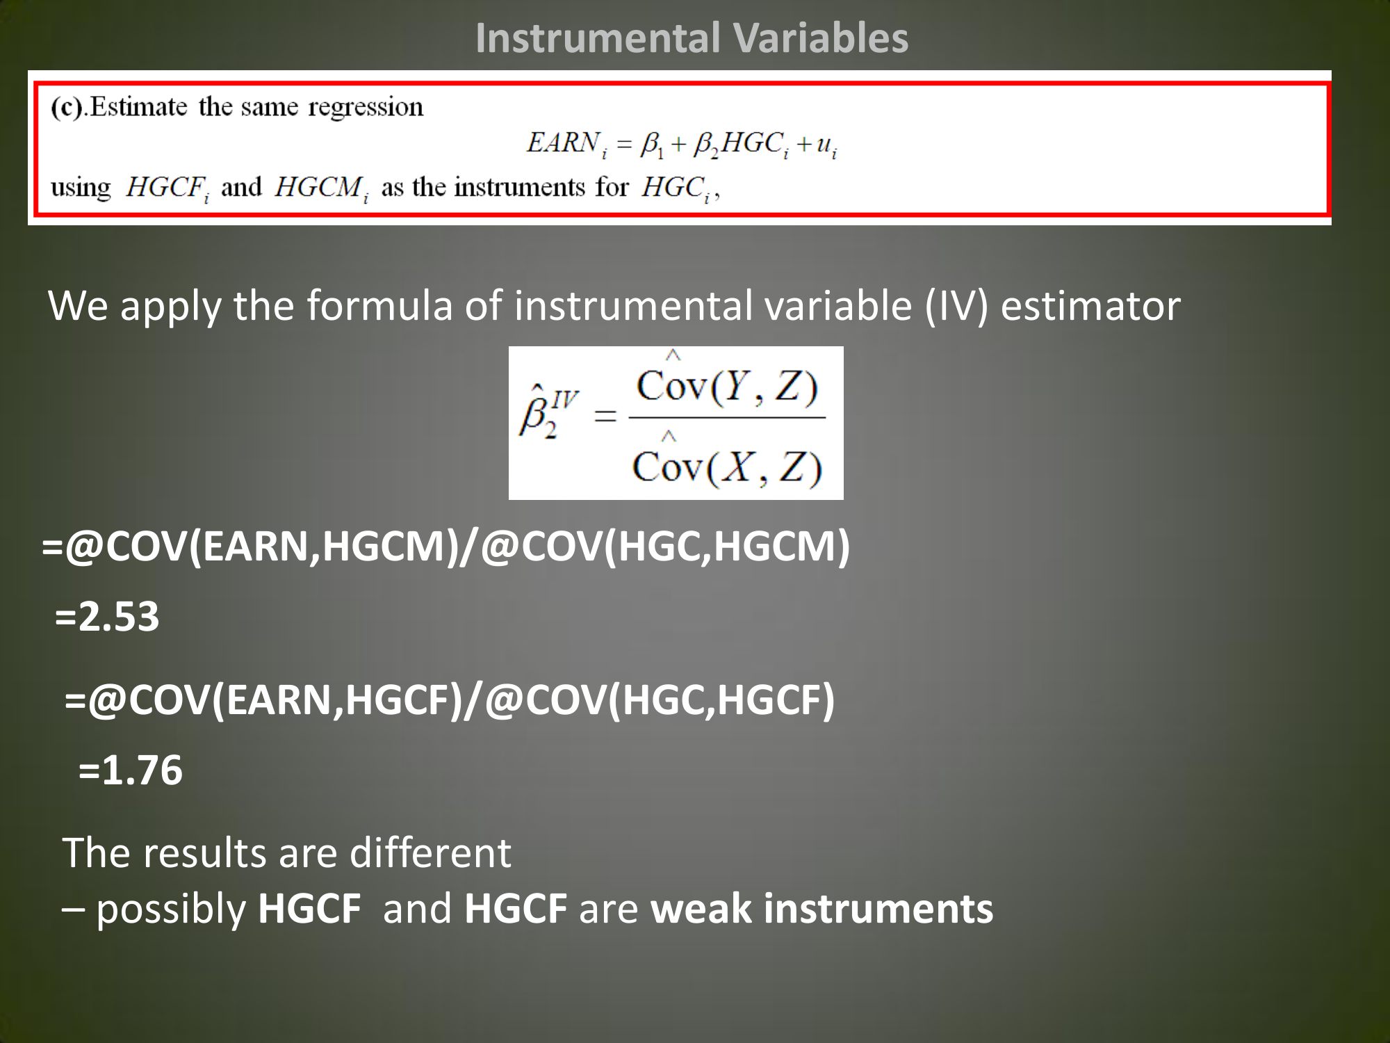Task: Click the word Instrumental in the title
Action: coord(582,38)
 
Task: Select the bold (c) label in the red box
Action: coord(67,108)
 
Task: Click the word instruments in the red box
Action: coord(519,188)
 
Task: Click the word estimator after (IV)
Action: coord(1090,305)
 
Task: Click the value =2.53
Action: coord(107,617)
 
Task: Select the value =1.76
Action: coord(131,770)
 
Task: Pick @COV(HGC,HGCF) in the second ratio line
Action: coord(660,700)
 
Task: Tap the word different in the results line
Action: coord(430,853)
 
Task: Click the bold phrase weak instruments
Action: coord(822,909)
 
